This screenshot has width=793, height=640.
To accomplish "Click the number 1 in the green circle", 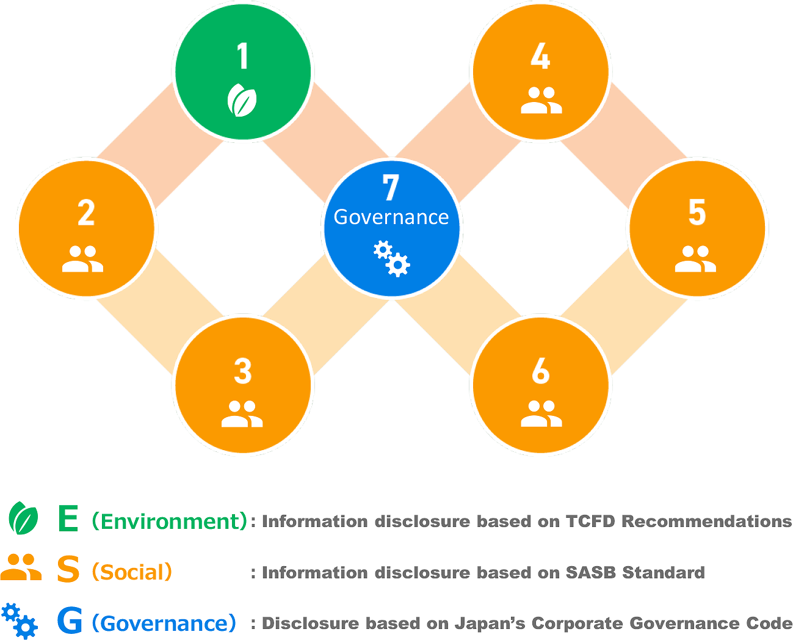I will pyautogui.click(x=243, y=57).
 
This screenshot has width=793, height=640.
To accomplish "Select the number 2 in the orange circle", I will pyautogui.click(x=86, y=213).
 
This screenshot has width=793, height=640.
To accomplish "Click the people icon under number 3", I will pyautogui.click(x=242, y=414).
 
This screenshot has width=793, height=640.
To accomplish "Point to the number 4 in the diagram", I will pyautogui.click(x=540, y=57).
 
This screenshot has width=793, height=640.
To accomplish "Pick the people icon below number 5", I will pyautogui.click(x=695, y=259).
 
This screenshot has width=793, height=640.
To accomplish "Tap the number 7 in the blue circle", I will pyautogui.click(x=391, y=187).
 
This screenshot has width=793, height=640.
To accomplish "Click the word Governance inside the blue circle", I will pyautogui.click(x=391, y=217).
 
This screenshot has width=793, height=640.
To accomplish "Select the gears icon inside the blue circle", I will pyautogui.click(x=392, y=258).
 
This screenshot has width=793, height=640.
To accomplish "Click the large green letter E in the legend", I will pyautogui.click(x=68, y=519).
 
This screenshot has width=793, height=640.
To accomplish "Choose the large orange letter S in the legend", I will pyautogui.click(x=68, y=570).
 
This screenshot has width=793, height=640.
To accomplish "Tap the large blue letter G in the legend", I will pyautogui.click(x=69, y=621).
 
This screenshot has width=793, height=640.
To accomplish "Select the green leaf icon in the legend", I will pyautogui.click(x=23, y=518).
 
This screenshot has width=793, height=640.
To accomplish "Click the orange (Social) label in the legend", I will pyautogui.click(x=132, y=572).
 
